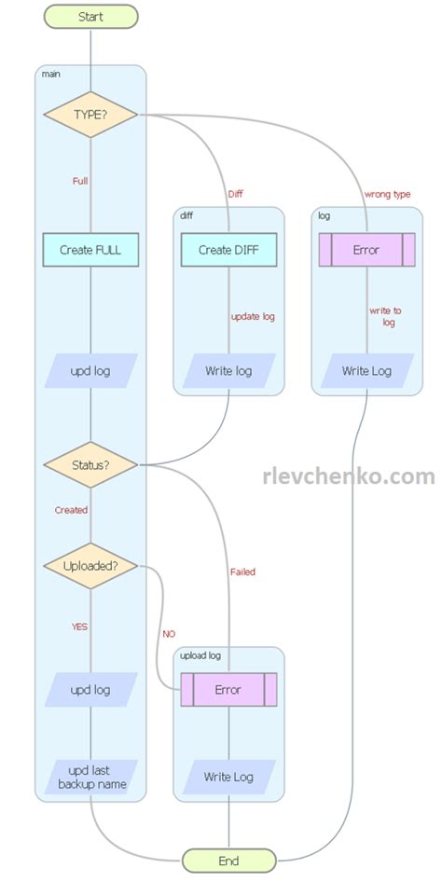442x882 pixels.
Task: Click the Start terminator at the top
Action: tap(90, 17)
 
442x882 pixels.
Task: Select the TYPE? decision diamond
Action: tap(90, 114)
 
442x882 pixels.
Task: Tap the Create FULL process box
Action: tap(90, 250)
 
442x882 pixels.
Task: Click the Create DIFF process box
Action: tap(228, 250)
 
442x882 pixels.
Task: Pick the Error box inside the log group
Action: tap(366, 250)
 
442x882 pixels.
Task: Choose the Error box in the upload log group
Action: tap(228, 690)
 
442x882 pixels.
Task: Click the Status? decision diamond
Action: tap(90, 464)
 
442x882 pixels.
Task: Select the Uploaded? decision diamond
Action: tap(90, 566)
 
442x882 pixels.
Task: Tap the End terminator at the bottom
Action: tap(228, 860)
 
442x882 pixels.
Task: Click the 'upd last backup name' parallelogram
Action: tap(90, 778)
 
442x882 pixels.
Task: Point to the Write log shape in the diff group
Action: tap(228, 370)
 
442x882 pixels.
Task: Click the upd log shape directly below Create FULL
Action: tap(90, 370)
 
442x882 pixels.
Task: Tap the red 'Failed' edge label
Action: tap(242, 572)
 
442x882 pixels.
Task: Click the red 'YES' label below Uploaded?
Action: tap(79, 627)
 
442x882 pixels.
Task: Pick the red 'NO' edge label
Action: tap(169, 633)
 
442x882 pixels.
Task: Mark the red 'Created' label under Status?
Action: tap(71, 510)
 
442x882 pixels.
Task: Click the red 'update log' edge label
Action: tap(253, 316)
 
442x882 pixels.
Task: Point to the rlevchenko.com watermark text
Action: tap(349, 476)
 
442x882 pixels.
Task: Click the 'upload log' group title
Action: tap(201, 656)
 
